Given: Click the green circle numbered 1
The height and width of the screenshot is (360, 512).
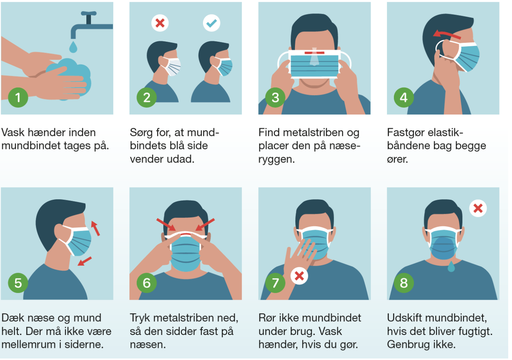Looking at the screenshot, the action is (x=18, y=98).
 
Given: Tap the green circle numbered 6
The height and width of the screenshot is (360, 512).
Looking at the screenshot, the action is (x=147, y=283).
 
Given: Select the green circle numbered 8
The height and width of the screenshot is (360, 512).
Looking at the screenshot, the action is (x=404, y=283).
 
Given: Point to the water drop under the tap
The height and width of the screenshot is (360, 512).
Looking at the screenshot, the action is (x=73, y=47).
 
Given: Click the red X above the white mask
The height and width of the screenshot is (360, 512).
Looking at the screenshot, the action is (x=160, y=23).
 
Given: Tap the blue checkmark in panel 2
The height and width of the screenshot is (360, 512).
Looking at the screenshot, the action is (x=212, y=23).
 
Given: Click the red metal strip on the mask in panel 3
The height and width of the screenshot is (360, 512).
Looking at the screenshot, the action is (x=314, y=53).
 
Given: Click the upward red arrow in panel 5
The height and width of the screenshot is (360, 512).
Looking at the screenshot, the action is (x=95, y=228).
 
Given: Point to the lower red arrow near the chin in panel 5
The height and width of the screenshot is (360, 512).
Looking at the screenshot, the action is (x=84, y=261).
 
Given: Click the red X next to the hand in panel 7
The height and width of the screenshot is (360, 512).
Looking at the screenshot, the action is (x=299, y=276).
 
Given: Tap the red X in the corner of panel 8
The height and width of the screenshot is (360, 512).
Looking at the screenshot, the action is (x=478, y=208).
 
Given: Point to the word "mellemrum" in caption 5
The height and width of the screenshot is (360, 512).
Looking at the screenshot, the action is (x=28, y=344).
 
